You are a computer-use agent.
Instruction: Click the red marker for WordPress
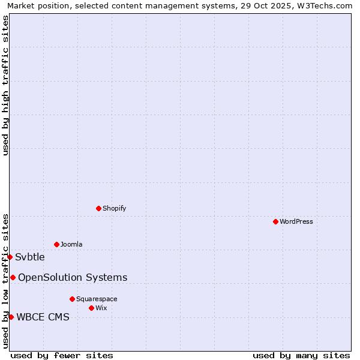pyautogui.click(x=275, y=221)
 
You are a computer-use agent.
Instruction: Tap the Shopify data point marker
pyautogui.click(x=98, y=208)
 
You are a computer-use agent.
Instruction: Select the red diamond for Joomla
pyautogui.click(x=56, y=244)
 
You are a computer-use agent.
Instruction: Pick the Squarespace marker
pyautogui.click(x=72, y=299)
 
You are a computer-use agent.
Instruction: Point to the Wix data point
pyautogui.click(x=91, y=308)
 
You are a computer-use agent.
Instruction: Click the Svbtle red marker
pyautogui.click(x=10, y=257)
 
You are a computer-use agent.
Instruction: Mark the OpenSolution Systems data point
pyautogui.click(x=13, y=277)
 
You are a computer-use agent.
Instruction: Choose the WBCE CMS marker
pyautogui.click(x=11, y=317)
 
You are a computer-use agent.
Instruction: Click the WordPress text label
pyautogui.click(x=296, y=221)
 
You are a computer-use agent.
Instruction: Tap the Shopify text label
pyautogui.click(x=114, y=208)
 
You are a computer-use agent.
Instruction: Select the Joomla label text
pyautogui.click(x=71, y=244)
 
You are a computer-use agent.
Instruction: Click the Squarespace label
pyautogui.click(x=97, y=299)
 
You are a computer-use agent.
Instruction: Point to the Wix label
pyautogui.click(x=101, y=308)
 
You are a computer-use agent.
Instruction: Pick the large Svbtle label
pyautogui.click(x=30, y=257)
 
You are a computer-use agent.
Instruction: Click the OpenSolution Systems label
pyautogui.click(x=73, y=277)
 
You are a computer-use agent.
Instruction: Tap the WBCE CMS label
pyautogui.click(x=43, y=317)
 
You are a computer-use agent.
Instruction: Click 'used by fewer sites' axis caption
pyautogui.click(x=62, y=355)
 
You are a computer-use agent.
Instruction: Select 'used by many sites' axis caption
pyautogui.click(x=301, y=355)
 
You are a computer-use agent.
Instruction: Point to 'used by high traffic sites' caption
pyautogui.click(x=5, y=85)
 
